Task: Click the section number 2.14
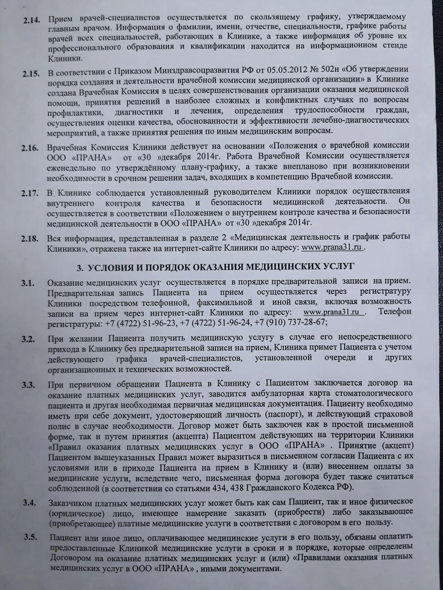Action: click(x=31, y=21)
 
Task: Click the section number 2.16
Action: click(x=30, y=148)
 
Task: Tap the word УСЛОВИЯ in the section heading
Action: click(x=111, y=267)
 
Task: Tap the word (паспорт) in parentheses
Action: click(x=284, y=415)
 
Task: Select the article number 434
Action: click(x=219, y=488)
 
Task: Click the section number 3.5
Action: click(x=30, y=537)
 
